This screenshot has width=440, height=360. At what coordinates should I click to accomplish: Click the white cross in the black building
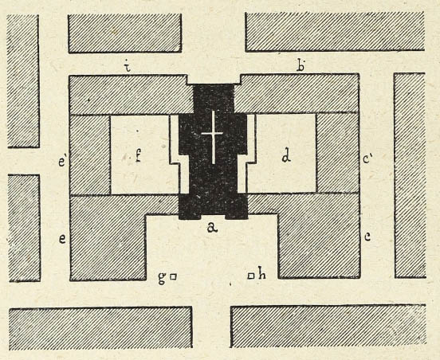[213, 137]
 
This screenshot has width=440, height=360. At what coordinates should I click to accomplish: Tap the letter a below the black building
[212, 228]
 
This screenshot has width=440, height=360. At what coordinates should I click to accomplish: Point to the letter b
[301, 66]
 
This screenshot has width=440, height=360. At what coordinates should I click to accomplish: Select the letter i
[128, 67]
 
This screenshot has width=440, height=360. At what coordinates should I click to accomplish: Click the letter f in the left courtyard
[138, 155]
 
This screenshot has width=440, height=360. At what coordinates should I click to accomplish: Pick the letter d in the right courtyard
[286, 157]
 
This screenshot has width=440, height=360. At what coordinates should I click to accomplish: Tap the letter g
[162, 278]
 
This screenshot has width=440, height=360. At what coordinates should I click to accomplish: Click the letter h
[261, 275]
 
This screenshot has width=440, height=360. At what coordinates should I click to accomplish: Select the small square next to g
[174, 277]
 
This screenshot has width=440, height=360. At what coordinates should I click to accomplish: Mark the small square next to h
[251, 276]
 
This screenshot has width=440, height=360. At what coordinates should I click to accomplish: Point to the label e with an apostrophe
[62, 162]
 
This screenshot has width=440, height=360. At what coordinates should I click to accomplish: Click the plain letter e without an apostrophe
[62, 239]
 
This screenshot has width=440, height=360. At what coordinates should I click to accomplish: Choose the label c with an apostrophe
[367, 159]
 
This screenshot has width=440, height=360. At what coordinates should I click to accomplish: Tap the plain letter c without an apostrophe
[367, 237]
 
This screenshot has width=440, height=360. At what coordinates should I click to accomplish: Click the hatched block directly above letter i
[125, 33]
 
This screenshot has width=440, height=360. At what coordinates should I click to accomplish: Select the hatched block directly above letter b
[335, 31]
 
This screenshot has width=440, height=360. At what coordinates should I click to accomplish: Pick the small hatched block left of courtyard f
[90, 155]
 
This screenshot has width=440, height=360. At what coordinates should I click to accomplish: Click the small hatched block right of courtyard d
[338, 153]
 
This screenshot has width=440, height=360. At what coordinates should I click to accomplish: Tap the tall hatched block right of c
[410, 175]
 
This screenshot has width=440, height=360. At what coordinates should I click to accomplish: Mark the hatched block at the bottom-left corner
[100, 328]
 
